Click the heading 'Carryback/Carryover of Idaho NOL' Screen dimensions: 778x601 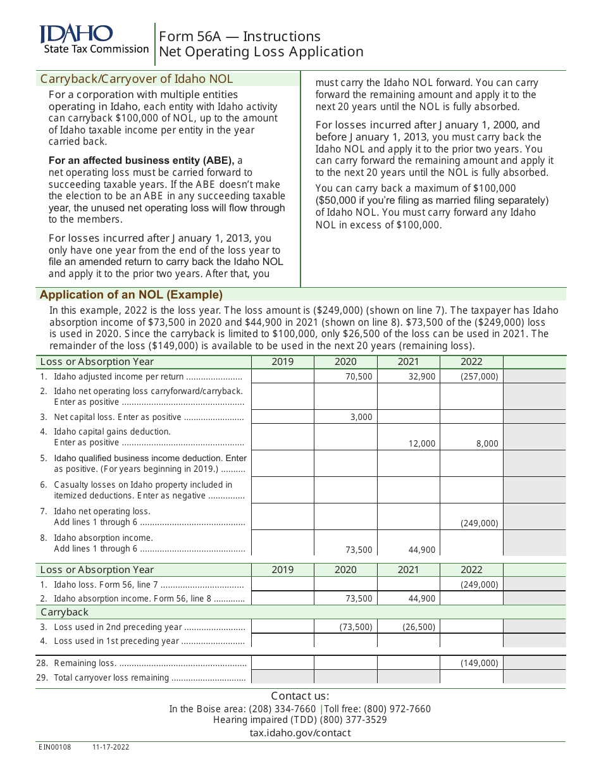click(x=137, y=79)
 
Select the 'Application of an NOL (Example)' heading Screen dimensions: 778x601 click(x=131, y=295)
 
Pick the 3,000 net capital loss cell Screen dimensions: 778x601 click(x=362, y=417)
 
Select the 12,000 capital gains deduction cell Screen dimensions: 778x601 click(x=422, y=444)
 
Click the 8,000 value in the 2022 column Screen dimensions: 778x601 click(x=487, y=444)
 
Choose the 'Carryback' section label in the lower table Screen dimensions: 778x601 click(x=65, y=612)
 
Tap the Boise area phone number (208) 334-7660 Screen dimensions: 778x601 click(x=282, y=709)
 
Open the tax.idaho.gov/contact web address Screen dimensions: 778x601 click(x=300, y=733)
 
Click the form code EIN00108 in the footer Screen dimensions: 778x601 click(x=55, y=747)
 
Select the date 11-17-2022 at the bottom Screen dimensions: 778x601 click(x=111, y=747)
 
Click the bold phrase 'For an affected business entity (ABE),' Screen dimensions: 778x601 click(x=141, y=161)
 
